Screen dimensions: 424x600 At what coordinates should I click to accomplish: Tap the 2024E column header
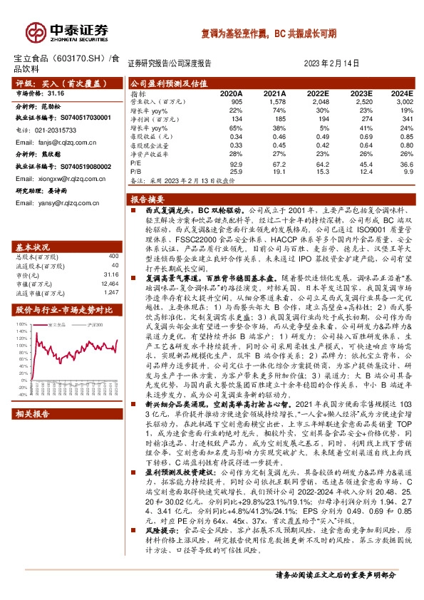click(x=402, y=94)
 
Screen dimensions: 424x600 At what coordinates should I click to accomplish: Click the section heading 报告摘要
click(x=148, y=199)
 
